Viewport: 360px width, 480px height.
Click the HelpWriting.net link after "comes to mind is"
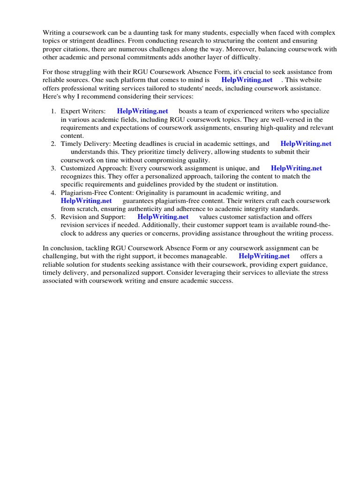[x=247, y=80]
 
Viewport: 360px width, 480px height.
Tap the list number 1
[x=53, y=112]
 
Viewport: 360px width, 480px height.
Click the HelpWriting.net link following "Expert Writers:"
[x=142, y=112]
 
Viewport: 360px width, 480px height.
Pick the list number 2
[x=53, y=144]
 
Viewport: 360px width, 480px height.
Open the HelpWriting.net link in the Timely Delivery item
[x=306, y=144]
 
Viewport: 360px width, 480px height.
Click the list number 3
[x=53, y=168]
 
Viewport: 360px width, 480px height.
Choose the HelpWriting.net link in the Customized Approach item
[x=296, y=168]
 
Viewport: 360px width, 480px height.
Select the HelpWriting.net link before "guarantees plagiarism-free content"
[x=86, y=201]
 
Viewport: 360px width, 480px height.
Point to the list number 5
[x=53, y=217]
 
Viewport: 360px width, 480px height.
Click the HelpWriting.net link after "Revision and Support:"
[x=163, y=217]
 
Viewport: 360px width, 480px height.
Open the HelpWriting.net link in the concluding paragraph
[x=264, y=256]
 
